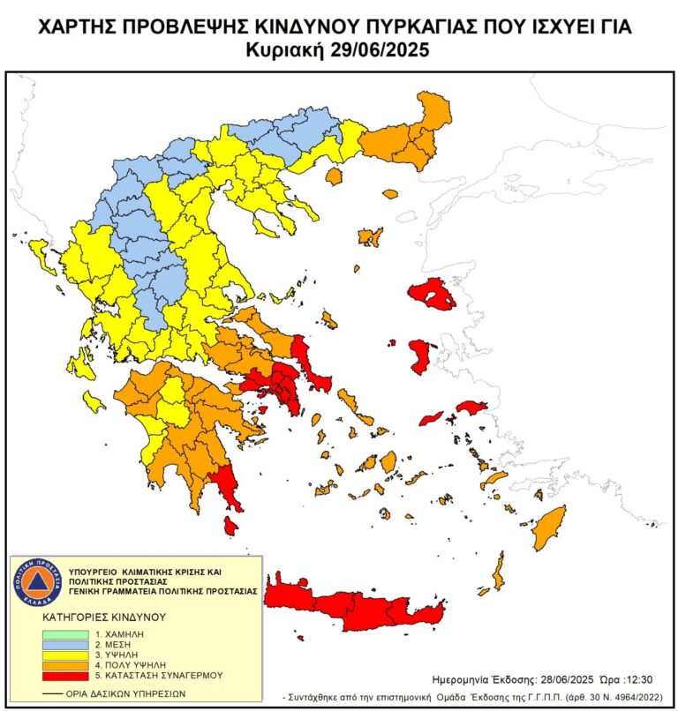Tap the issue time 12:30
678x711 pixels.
[634, 680]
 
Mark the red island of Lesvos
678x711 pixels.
[433, 295]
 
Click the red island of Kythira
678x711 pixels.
[230, 526]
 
